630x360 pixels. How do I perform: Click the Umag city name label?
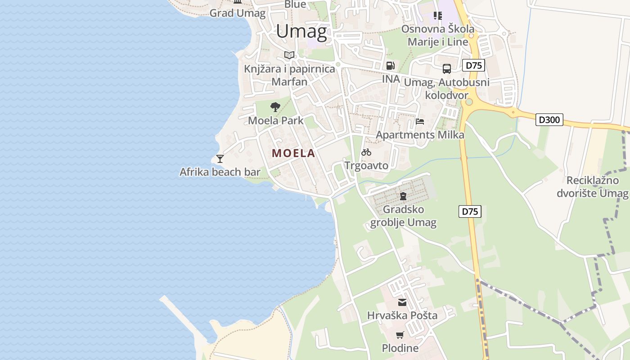(301, 31)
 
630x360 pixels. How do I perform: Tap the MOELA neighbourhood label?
(293, 153)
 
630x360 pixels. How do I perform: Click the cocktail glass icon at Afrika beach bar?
(220, 158)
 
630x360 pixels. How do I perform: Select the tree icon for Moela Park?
(275, 107)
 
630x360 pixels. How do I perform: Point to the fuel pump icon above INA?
(390, 66)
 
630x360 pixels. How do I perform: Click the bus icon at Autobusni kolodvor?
(446, 69)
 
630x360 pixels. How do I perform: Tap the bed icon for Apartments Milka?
(420, 121)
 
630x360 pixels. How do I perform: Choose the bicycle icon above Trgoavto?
(366, 152)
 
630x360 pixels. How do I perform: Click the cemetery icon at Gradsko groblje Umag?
(403, 196)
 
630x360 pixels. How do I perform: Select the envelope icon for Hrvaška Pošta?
(402, 302)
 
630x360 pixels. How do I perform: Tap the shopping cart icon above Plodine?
(400, 335)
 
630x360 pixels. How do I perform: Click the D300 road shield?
(549, 120)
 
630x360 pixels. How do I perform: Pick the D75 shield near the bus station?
(473, 65)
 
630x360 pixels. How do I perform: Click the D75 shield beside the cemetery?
(470, 211)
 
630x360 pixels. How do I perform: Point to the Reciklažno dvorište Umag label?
(592, 187)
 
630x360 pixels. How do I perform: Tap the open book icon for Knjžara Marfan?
(289, 55)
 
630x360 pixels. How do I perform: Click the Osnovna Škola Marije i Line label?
(437, 36)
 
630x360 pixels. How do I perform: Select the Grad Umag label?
(238, 13)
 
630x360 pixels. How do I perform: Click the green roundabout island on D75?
(469, 102)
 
